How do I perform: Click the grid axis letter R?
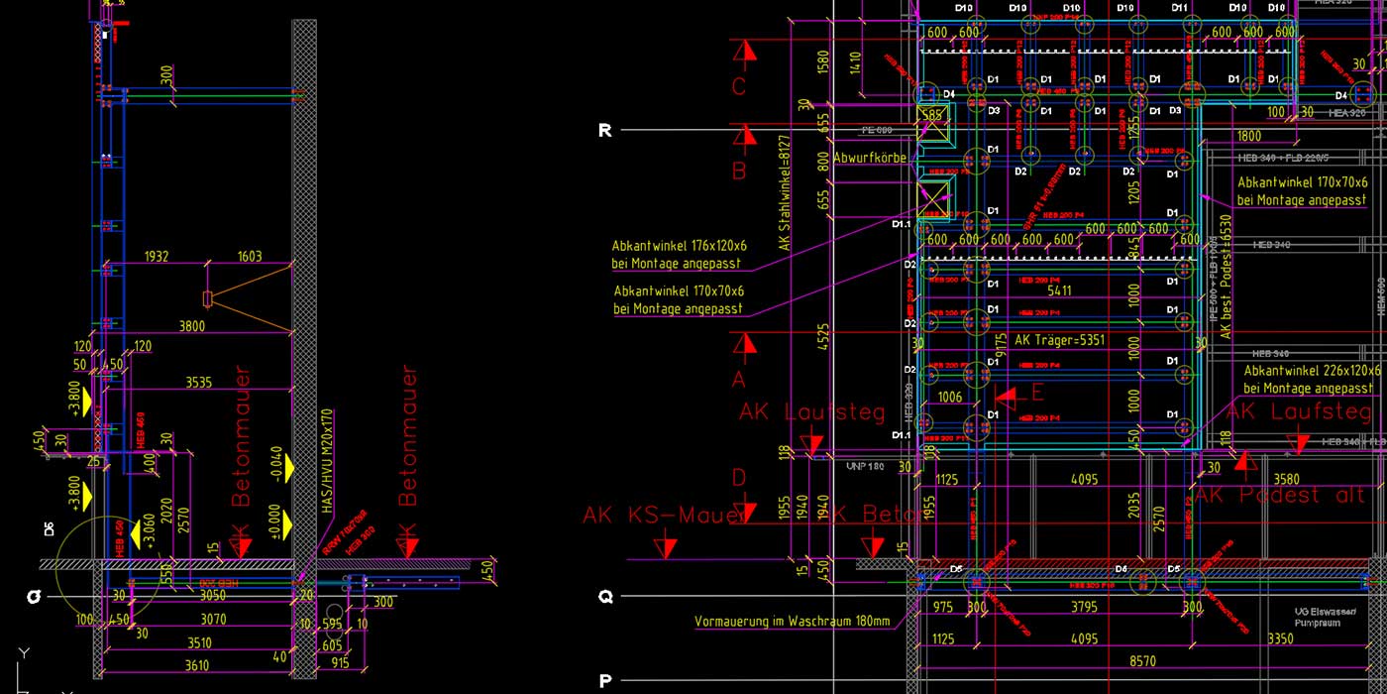605,130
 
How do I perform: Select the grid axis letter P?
605,681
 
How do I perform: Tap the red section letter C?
738,87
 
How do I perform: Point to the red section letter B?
738,172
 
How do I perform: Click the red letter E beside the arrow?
1037,392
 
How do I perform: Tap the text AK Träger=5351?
1059,340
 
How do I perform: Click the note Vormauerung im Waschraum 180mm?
793,622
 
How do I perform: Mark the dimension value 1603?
250,257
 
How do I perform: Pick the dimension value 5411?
1059,290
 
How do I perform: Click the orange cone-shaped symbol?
248,298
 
